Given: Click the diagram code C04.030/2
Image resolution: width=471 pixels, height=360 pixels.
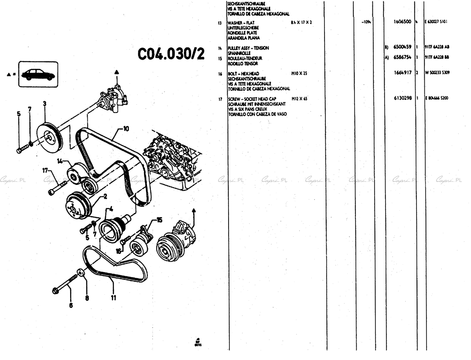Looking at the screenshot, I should [171, 54].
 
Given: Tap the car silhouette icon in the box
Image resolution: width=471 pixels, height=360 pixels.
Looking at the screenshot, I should [38, 74].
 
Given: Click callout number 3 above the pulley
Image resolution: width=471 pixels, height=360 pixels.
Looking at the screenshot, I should [45, 103].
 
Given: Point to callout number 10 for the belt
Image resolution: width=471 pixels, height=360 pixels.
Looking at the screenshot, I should [126, 129].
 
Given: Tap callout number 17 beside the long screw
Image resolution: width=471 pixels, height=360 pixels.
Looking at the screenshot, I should [45, 171].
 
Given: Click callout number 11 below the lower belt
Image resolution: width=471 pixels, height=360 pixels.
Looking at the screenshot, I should [113, 299].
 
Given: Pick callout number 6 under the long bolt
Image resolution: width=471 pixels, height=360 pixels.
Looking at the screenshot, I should [71, 305].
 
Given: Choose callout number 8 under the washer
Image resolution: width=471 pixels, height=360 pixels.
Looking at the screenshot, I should [86, 299].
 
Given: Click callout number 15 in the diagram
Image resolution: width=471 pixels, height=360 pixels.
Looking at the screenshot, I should [159, 220].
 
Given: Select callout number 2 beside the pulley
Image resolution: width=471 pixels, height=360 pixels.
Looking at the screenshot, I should [105, 197].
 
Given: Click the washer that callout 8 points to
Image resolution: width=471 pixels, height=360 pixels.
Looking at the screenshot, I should [81, 273].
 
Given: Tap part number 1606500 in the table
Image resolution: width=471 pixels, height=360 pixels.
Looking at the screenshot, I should [403, 21].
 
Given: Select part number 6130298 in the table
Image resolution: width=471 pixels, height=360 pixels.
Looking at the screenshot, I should [403, 98].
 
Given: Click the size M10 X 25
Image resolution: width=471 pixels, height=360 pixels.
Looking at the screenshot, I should [300, 74].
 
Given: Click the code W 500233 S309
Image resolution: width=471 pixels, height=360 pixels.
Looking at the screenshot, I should [437, 73].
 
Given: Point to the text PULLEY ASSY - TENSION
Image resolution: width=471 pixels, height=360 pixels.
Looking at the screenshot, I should [249, 48].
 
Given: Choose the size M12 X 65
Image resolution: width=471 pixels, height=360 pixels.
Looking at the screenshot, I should [300, 99].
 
